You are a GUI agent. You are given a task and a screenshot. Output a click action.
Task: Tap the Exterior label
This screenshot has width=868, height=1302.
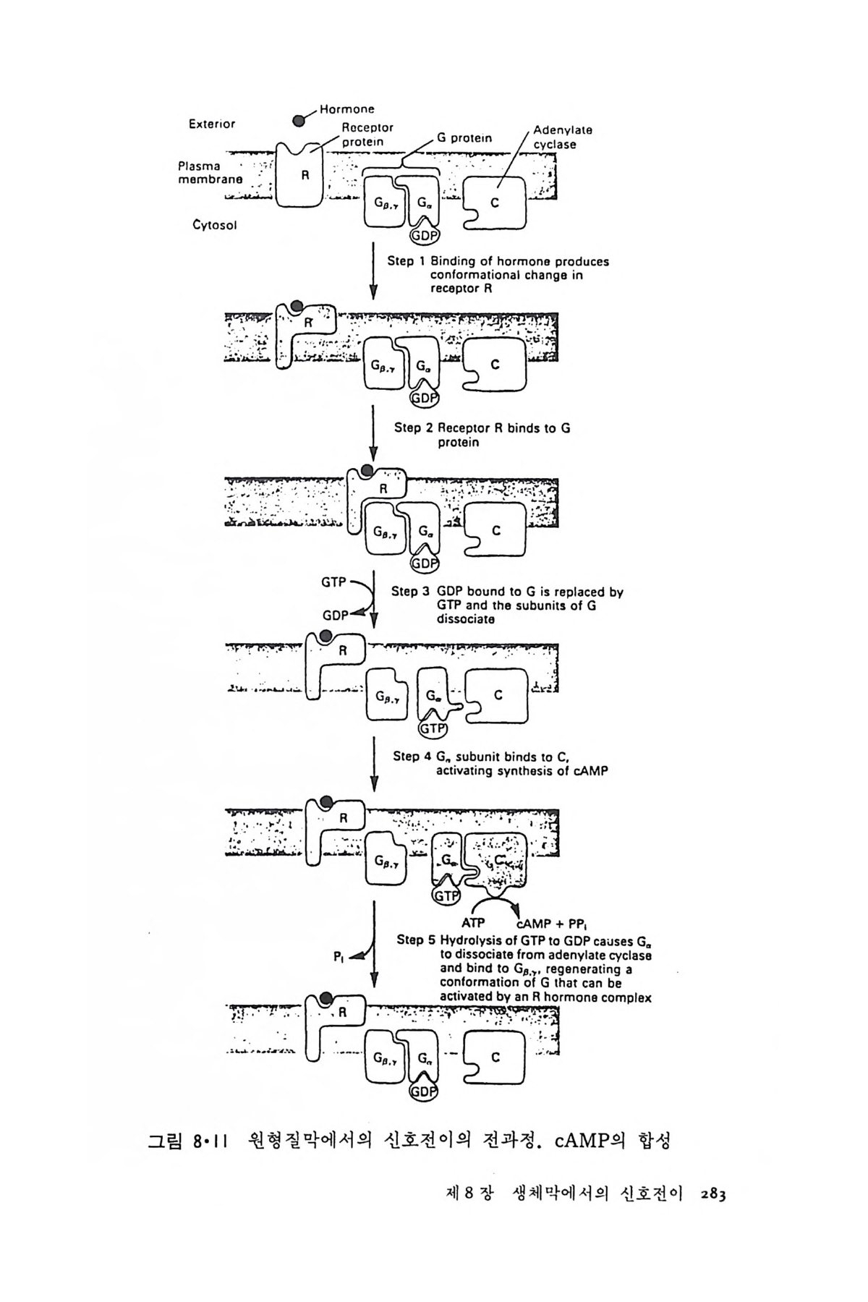211,124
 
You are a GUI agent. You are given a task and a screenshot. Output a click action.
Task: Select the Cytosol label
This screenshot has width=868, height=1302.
214,225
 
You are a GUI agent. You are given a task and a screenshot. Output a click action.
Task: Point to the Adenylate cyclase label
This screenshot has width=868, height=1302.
562,137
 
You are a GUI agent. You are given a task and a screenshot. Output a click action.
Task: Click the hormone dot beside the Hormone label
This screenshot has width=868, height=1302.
299,121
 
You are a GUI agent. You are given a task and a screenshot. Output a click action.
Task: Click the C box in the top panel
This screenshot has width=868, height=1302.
495,203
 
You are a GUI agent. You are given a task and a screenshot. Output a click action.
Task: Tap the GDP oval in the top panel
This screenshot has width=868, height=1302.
425,236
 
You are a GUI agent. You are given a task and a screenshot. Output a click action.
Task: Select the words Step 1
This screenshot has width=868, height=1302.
407,262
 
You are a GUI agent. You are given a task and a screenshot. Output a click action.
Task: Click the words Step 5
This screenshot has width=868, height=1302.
417,941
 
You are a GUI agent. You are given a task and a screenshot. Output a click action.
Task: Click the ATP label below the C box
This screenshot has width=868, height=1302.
473,923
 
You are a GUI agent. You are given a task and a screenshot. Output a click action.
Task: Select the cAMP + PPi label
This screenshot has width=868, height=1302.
553,924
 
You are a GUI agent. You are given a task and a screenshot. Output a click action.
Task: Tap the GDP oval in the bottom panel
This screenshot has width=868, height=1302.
424,1092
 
